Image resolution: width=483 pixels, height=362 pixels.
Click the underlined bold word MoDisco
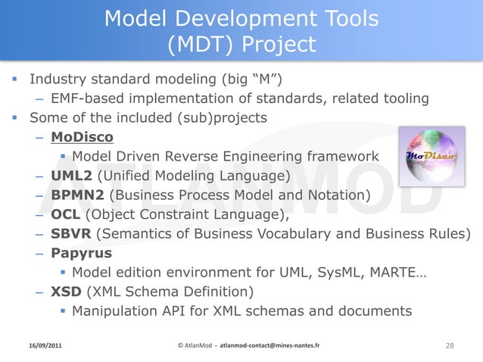point(82,137)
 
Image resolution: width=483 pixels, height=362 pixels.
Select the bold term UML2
point(71,176)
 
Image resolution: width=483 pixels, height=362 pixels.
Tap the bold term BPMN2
point(79,196)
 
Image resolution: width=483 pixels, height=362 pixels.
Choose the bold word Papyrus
point(81,253)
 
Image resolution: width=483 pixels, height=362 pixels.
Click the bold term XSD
point(67,292)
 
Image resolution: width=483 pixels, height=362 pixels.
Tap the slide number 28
point(450,345)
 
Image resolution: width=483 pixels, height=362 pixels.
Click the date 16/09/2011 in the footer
point(42,345)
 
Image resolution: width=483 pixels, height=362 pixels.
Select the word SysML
point(345,272)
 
